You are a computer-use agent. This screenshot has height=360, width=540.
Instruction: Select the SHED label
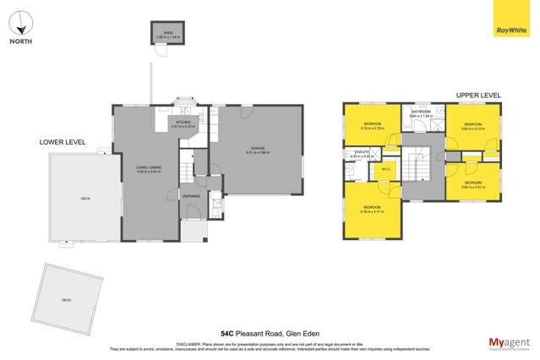click(x=162, y=35)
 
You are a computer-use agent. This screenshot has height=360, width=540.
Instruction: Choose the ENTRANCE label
click(x=191, y=195)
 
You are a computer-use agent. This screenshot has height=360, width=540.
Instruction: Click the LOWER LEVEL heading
click(x=63, y=143)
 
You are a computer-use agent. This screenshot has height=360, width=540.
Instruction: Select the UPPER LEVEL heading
click(x=478, y=95)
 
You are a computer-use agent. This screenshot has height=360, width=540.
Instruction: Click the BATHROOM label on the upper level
click(x=422, y=112)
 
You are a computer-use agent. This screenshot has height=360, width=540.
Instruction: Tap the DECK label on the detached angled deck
click(x=67, y=299)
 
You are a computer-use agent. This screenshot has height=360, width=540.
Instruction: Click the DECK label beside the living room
click(x=85, y=198)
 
